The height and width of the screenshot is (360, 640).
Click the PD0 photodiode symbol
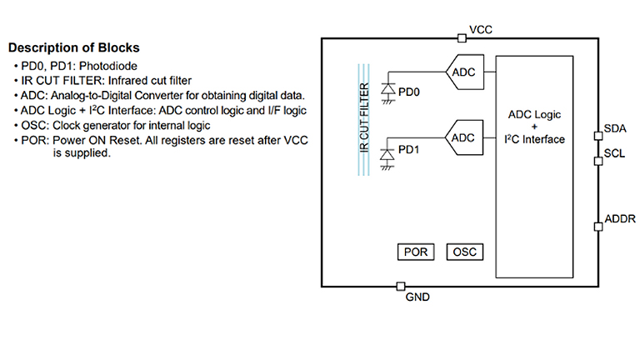pos(387,88)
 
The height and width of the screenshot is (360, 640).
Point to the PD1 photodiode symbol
pos(387,153)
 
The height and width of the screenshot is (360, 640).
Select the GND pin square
pos(402,286)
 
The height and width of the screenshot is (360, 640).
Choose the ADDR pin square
pos(597,225)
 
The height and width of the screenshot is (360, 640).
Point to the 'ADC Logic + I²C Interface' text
pos(534,126)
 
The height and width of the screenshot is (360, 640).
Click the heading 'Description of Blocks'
pos(74,47)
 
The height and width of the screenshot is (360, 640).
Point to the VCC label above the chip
pos(481,30)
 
